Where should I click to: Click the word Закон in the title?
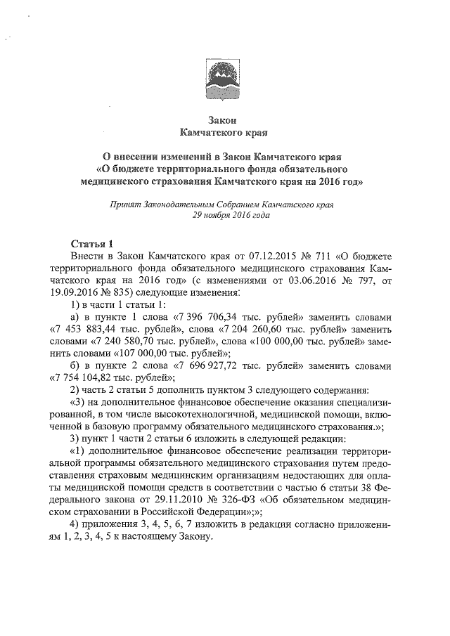click(x=224, y=119)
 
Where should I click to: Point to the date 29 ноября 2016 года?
click(x=225, y=216)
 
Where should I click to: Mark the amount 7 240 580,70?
click(x=125, y=341)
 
